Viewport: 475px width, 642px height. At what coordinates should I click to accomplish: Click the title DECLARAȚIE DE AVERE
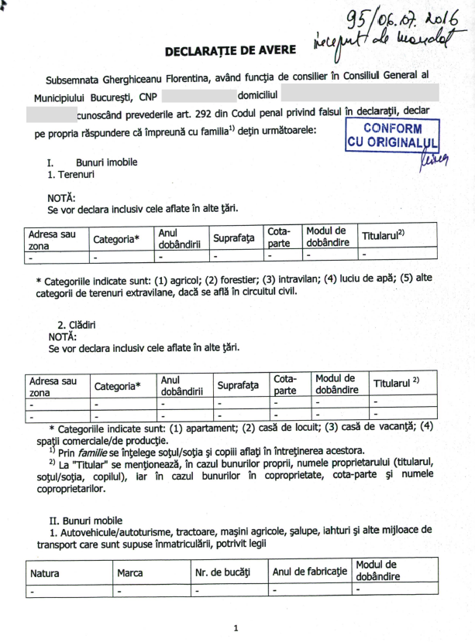click(229, 50)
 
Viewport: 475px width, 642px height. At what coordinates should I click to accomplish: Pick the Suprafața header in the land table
click(234, 237)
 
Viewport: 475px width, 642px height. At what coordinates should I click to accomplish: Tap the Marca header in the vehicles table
click(129, 573)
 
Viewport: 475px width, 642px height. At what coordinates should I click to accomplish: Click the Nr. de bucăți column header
click(223, 573)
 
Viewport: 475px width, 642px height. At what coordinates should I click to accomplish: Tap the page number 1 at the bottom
click(236, 627)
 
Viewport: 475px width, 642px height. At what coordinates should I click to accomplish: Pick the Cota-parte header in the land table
click(279, 237)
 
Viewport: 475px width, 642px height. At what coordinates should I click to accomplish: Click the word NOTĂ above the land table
click(61, 197)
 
